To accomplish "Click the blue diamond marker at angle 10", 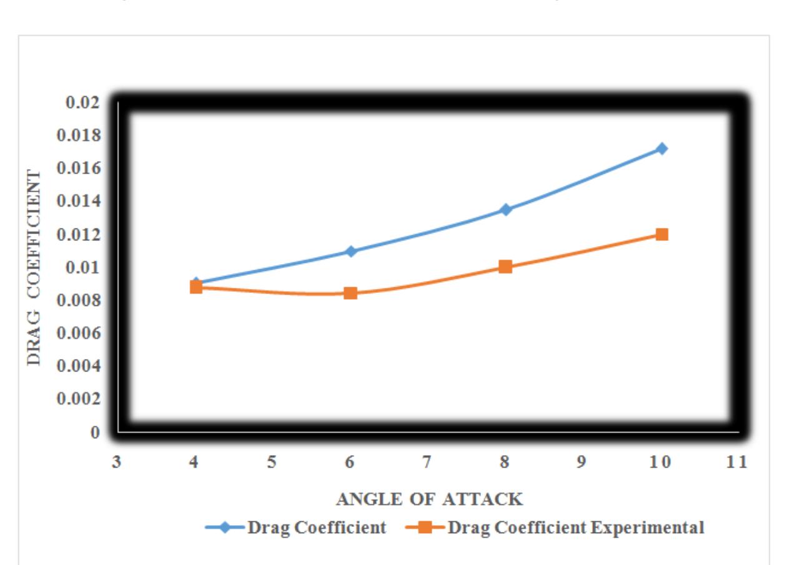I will click(x=662, y=149).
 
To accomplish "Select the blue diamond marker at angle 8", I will click(x=506, y=209).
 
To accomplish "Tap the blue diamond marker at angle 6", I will click(x=350, y=251).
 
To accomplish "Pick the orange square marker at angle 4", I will click(x=196, y=287).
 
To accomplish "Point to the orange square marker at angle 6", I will click(x=350, y=293).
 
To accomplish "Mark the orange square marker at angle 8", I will click(x=505, y=267).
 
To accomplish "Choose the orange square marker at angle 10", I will click(x=662, y=235).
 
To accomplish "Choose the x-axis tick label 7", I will click(x=427, y=463).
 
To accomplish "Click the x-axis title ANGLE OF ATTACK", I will click(x=429, y=499).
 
